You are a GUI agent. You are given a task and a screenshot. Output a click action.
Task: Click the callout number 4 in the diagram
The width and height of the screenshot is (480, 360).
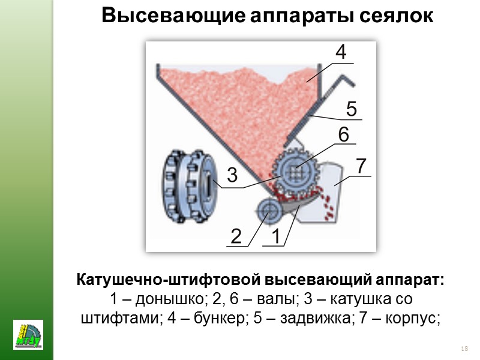pos(340,52)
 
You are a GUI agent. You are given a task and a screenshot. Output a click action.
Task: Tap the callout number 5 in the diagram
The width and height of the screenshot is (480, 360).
pos(351,109)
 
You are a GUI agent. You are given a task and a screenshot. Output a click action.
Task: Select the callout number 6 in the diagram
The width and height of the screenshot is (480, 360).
pos(343,135)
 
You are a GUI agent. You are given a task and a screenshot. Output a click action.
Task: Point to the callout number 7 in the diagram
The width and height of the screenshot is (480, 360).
pos(361,166)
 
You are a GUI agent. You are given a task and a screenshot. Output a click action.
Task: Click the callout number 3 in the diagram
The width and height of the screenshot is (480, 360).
pos(232,176)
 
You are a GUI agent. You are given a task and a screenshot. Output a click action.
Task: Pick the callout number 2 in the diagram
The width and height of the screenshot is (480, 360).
pos(236,236)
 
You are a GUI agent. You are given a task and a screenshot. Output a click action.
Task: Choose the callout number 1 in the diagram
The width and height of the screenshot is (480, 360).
pos(275,236)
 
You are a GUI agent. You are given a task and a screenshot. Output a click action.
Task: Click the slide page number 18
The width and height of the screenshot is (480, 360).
pos(464,349)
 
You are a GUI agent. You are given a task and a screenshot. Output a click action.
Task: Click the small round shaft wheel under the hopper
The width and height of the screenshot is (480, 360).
pos(268,210)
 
